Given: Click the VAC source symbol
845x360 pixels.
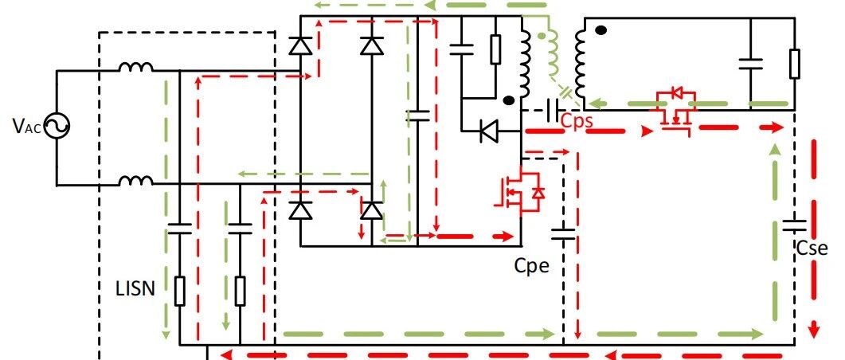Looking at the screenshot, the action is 57,126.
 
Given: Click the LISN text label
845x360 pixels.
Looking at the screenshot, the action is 135,289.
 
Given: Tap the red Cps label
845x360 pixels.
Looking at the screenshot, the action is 577,121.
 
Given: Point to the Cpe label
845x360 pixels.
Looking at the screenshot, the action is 532,265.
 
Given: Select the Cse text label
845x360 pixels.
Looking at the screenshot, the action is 812,248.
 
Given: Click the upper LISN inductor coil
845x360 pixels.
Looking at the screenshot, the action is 136,67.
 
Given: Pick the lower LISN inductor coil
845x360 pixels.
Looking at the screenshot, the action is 136,181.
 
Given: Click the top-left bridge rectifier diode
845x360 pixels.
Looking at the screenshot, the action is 301,46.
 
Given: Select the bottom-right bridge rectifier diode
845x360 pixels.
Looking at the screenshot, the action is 372,209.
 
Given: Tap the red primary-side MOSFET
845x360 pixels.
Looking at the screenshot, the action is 519,193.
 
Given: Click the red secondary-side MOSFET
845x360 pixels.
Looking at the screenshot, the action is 674,111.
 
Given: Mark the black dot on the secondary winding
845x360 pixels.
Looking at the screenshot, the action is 600,31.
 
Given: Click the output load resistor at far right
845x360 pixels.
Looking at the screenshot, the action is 794,64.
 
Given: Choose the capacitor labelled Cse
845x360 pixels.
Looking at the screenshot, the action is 795,225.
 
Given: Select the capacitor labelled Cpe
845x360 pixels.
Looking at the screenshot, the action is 563,234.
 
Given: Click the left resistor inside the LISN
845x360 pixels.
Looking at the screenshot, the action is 179,291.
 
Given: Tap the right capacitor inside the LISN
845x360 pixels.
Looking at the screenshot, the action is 240,229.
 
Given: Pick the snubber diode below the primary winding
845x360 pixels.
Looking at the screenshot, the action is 489,131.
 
